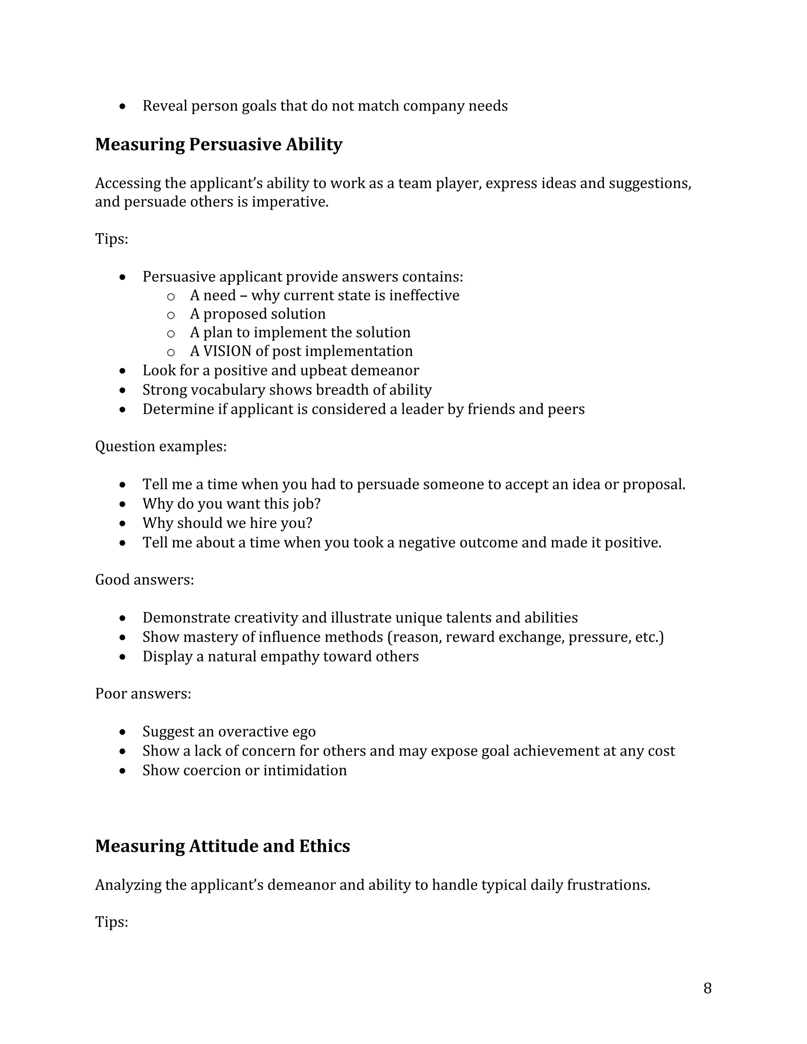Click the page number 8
(x=707, y=988)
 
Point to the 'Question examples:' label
(x=161, y=446)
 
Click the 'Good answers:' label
(x=144, y=580)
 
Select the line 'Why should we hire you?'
(x=227, y=523)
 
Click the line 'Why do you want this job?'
(x=231, y=503)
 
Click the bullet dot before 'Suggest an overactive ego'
(x=123, y=732)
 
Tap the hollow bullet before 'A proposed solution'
(x=171, y=314)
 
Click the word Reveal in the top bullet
(x=164, y=106)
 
